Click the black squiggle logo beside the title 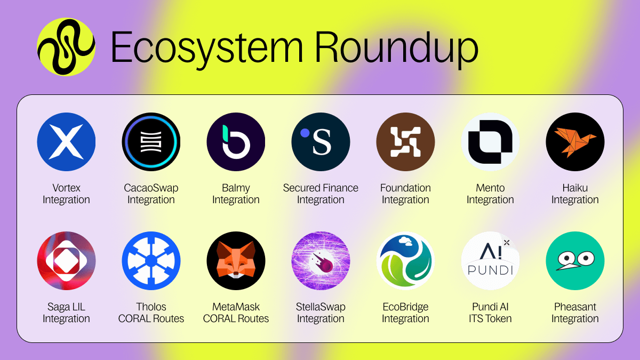tap(66, 47)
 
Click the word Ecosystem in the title tap(206, 47)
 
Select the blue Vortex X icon tap(66, 142)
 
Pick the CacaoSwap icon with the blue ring tap(151, 142)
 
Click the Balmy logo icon tap(236, 142)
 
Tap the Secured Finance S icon tap(321, 142)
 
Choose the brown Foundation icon tap(405, 142)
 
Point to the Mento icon tap(490, 142)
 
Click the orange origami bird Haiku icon tap(575, 142)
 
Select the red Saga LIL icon tap(66, 261)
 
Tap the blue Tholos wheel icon tap(151, 261)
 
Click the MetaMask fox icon tap(236, 261)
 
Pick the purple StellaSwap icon tap(321, 261)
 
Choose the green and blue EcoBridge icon tap(405, 261)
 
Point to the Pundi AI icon tap(490, 261)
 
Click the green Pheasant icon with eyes tap(575, 261)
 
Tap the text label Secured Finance tap(321, 188)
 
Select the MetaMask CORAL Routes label tap(236, 313)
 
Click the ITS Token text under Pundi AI tap(490, 319)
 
